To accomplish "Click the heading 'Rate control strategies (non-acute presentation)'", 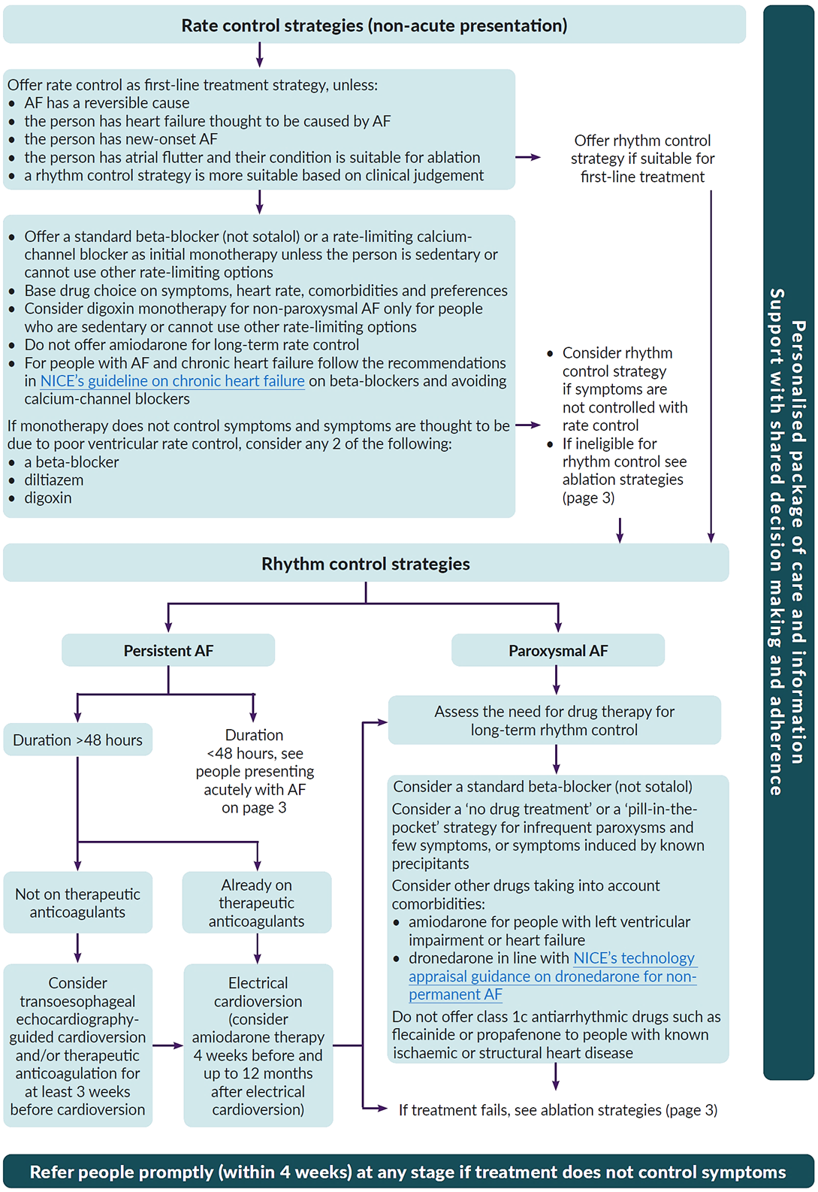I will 374,26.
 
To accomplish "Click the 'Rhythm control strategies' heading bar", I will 366,564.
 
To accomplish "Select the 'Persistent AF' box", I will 168,651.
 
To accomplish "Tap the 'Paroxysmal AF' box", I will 558,651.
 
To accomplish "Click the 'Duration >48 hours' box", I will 77,740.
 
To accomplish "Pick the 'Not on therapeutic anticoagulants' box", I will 77,903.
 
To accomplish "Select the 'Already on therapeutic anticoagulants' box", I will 257,903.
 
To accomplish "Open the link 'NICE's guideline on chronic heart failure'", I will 173,381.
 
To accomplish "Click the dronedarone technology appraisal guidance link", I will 552,976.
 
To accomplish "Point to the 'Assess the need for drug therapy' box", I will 554,721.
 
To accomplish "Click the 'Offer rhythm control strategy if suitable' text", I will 642,159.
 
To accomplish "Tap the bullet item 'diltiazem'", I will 53,480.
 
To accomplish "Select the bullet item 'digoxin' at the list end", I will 48,498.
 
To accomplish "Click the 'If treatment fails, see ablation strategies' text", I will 557,1110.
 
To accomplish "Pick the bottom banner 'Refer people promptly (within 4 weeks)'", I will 408,1172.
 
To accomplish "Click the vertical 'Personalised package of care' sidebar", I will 788,541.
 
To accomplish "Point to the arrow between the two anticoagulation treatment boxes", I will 168,1045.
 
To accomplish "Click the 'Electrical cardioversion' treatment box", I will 258,1046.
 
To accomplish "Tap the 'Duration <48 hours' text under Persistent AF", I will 255,771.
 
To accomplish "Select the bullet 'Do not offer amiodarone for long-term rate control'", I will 192,345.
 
